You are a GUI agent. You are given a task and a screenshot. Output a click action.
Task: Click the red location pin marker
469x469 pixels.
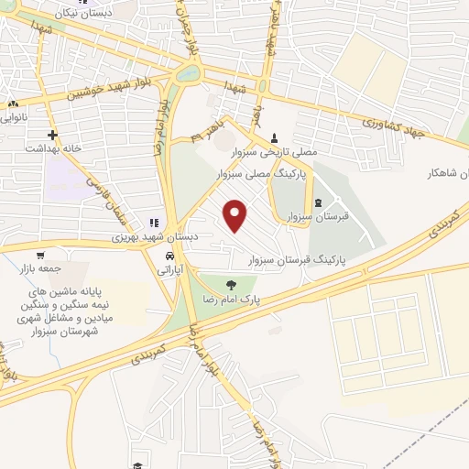click(x=236, y=214)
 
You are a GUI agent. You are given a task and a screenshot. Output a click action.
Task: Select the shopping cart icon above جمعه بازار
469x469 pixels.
click(x=39, y=256)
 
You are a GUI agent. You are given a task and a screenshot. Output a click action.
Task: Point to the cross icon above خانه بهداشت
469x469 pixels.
click(x=53, y=135)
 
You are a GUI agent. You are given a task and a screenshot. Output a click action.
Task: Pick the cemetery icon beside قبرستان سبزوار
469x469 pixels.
click(x=318, y=203)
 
